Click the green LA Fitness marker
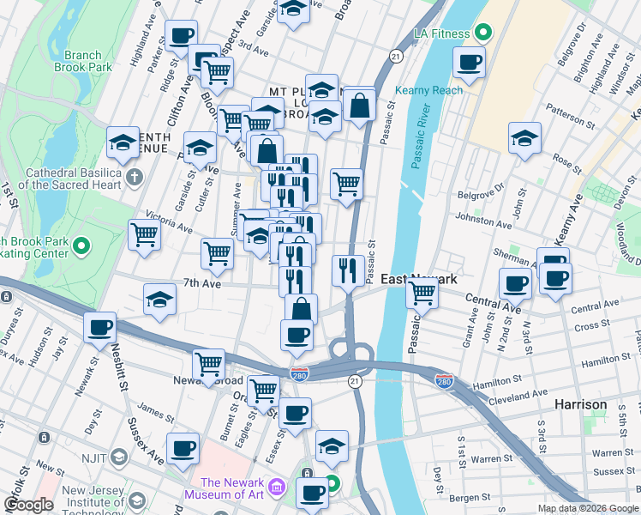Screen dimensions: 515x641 [x=482, y=33]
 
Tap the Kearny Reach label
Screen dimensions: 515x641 [x=428, y=90]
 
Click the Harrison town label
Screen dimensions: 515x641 [x=581, y=403]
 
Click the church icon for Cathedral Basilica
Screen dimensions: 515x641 [x=134, y=178]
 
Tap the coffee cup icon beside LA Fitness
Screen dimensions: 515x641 [x=469, y=63]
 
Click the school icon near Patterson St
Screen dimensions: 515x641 [x=524, y=138]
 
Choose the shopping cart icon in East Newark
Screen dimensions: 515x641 [x=422, y=292]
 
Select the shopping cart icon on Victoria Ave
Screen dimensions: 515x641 [x=145, y=234]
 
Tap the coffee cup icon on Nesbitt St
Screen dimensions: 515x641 [x=100, y=328]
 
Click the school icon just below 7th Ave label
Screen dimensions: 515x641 [x=159, y=300]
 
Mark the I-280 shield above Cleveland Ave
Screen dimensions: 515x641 [x=444, y=379]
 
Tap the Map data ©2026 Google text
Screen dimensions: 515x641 [x=587, y=508]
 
